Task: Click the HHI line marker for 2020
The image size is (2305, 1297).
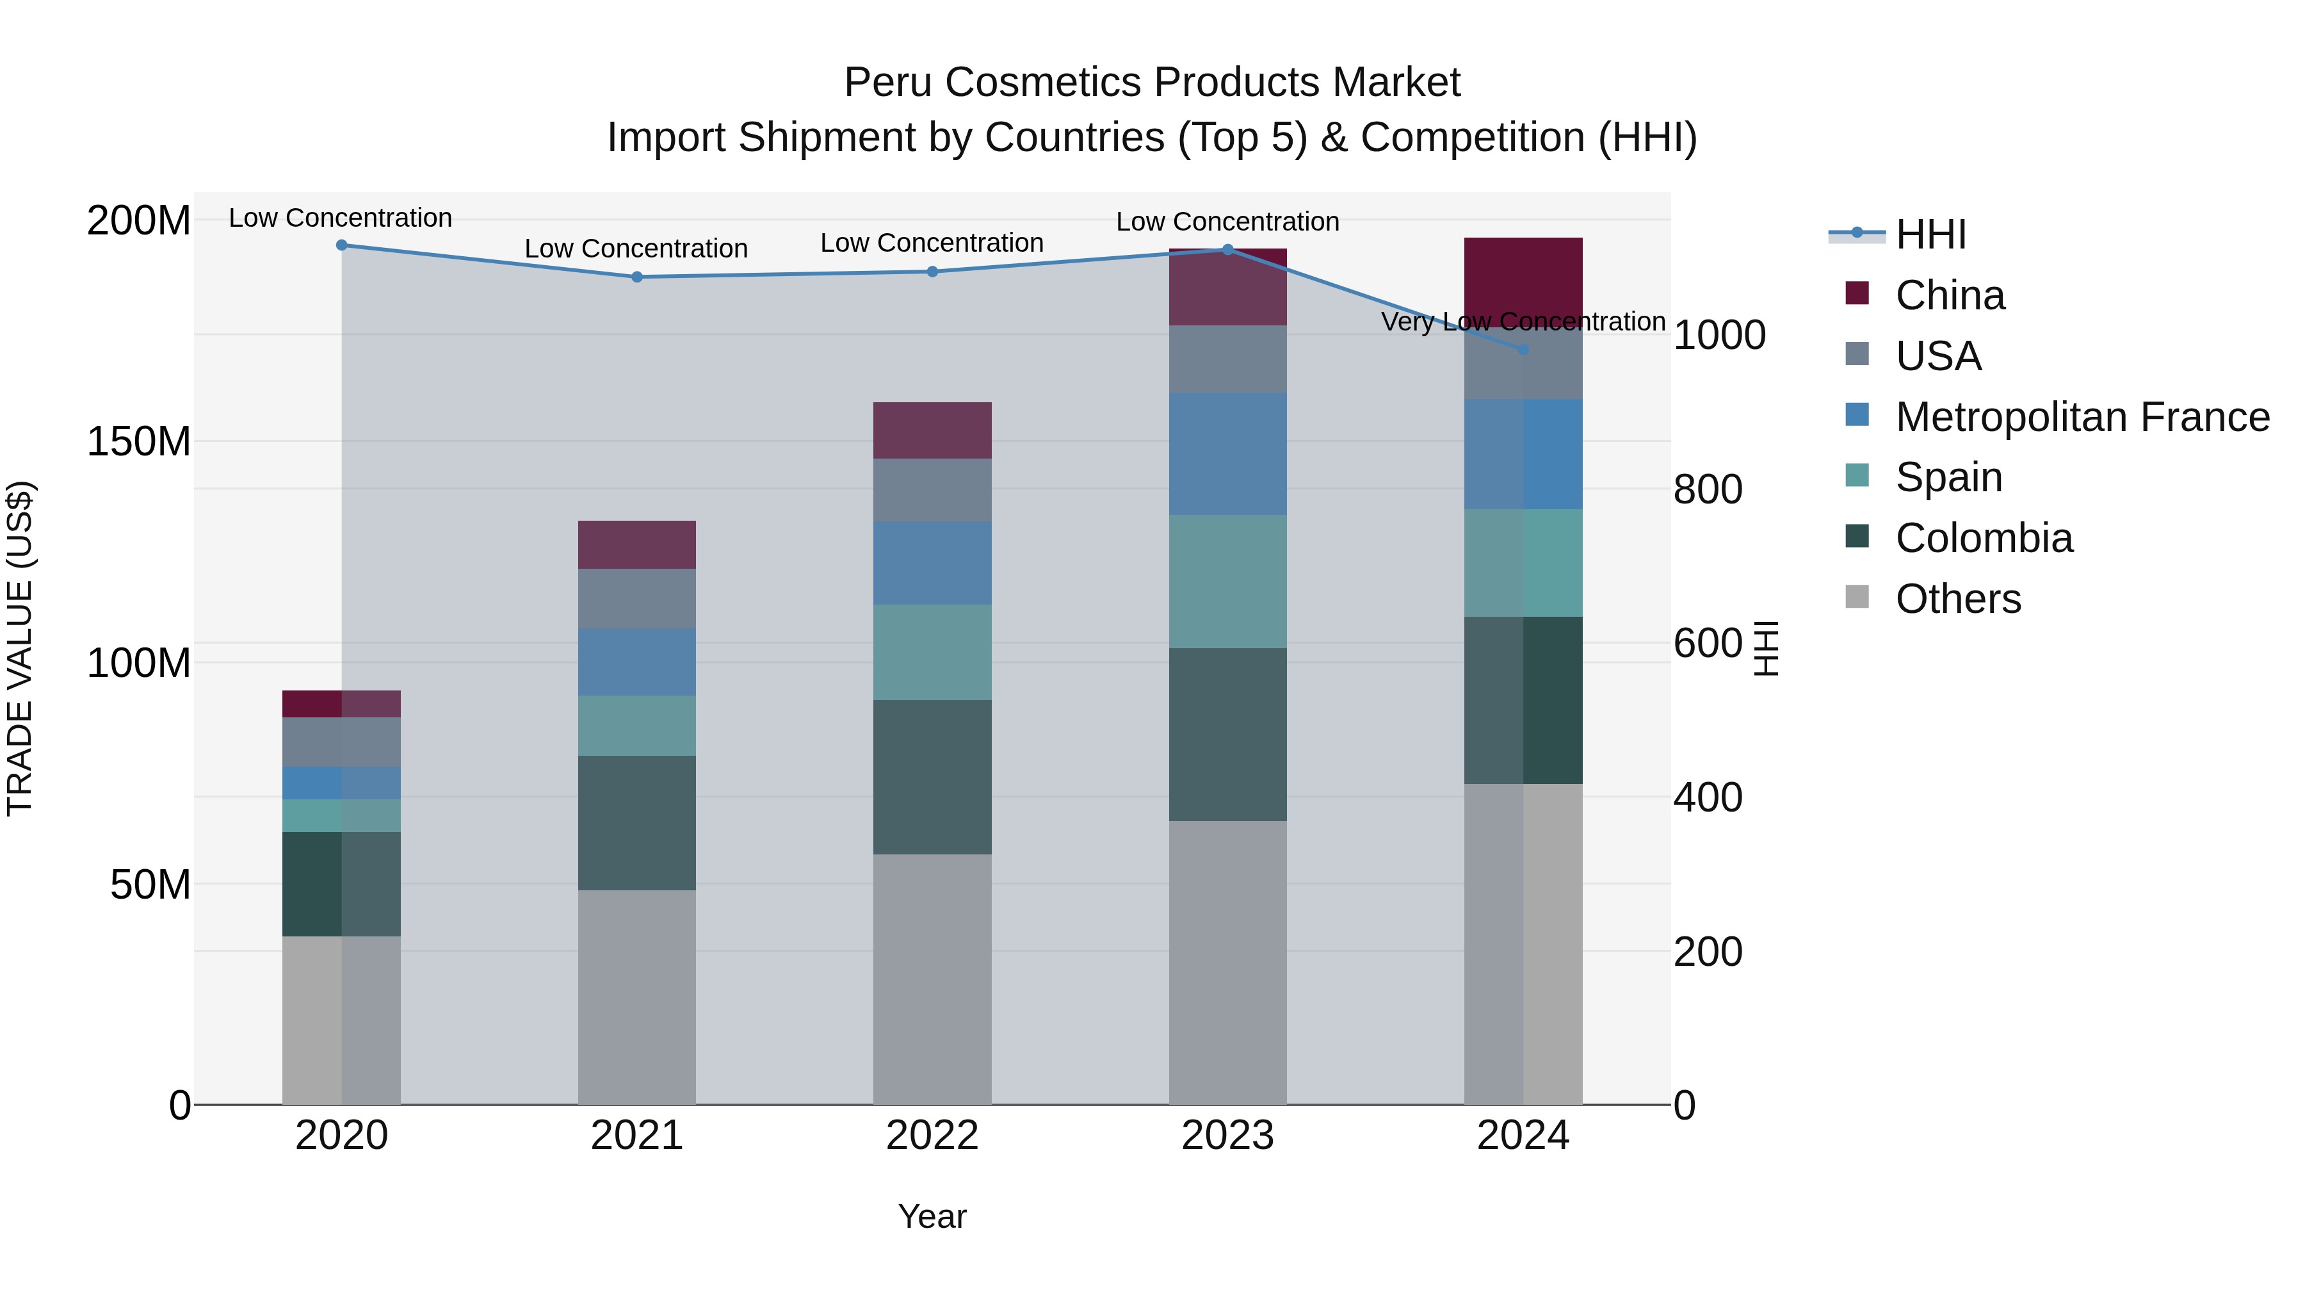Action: tap(341, 245)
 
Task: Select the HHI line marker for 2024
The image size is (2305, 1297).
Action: tap(1523, 349)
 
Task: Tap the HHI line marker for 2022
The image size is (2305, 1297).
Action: tap(932, 271)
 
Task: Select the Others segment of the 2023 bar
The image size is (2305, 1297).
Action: tap(1227, 962)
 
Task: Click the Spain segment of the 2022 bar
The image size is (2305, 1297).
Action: tap(932, 651)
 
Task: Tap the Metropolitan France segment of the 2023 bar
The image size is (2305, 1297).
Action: tap(1227, 454)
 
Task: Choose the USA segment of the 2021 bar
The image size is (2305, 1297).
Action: tap(636, 598)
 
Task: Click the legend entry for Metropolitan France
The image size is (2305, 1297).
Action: tap(2082, 417)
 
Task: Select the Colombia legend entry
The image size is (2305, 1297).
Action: tap(1983, 539)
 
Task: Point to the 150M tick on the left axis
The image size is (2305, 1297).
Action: tap(139, 441)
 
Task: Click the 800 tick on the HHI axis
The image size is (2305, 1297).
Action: tap(1707, 489)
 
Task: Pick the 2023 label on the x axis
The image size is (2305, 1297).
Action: tap(1227, 1136)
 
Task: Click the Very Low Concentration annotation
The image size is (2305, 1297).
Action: tap(1523, 322)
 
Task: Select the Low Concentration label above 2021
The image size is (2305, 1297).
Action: tap(636, 249)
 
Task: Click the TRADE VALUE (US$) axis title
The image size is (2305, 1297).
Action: tap(20, 648)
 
